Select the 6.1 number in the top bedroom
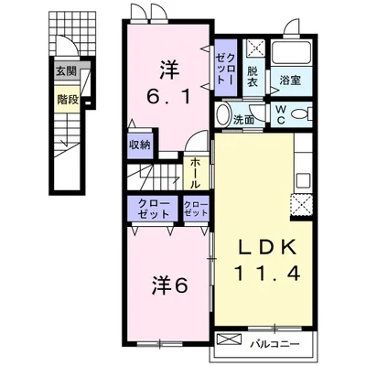(x=169, y=93)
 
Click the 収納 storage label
(x=139, y=145)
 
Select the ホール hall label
(x=195, y=170)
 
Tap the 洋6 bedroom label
(x=169, y=285)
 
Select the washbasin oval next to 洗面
(x=223, y=116)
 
